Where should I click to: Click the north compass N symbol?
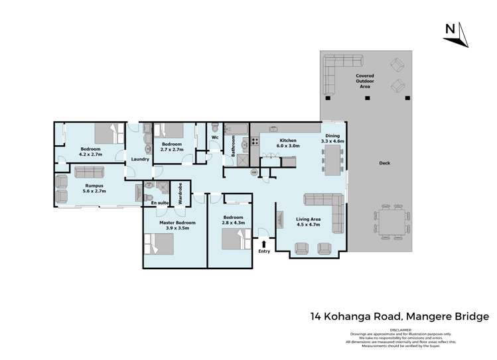click(450, 29)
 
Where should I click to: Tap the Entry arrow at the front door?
click(264, 245)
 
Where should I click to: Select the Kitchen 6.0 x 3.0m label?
click(289, 143)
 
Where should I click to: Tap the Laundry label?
click(139, 159)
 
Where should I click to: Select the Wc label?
click(215, 137)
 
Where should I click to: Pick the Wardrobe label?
click(181, 197)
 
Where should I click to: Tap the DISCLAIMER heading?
click(400, 329)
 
